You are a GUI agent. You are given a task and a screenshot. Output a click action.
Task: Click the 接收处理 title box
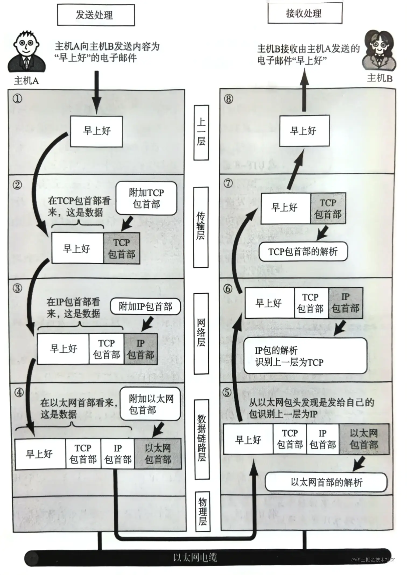tap(305, 13)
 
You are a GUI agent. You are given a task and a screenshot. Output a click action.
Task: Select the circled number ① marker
tap(18, 99)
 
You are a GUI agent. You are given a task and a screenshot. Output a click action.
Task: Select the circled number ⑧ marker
tap(229, 99)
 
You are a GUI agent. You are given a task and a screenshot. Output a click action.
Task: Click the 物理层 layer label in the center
tap(202, 512)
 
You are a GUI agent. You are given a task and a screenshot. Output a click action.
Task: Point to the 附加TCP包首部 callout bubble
tap(146, 198)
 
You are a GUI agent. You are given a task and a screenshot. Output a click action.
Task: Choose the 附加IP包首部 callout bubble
tap(145, 306)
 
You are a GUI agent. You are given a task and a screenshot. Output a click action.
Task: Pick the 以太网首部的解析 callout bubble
tap(326, 482)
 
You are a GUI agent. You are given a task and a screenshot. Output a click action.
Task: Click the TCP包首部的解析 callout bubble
tap(303, 252)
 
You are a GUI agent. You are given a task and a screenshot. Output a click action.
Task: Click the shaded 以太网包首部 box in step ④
tap(158, 454)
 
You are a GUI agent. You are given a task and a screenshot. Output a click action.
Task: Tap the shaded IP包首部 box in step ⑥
tap(346, 303)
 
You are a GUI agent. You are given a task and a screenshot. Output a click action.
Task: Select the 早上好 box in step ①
tap(97, 131)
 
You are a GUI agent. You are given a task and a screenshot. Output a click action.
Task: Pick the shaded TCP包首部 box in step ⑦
tap(328, 208)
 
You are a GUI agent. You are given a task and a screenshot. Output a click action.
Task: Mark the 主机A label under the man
tap(26, 80)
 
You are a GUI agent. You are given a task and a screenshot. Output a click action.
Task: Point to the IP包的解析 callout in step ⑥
tap(305, 356)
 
